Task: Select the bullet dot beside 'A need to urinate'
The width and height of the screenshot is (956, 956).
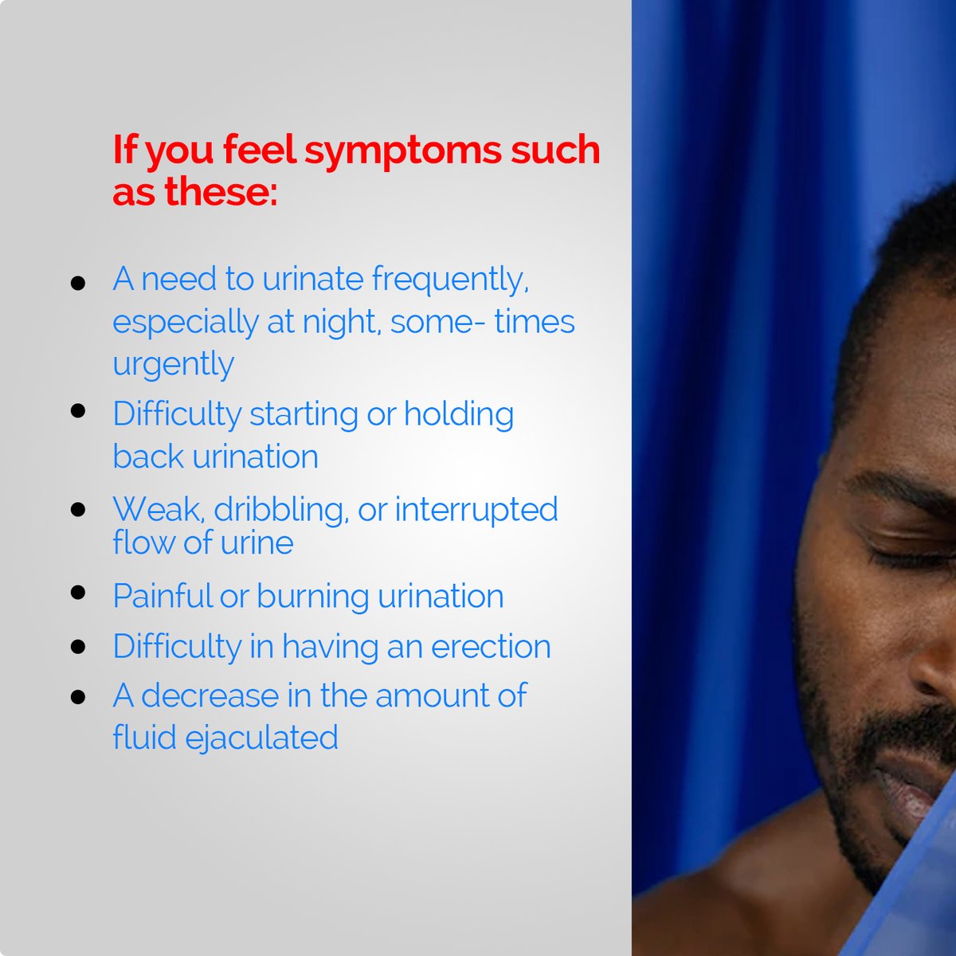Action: coord(78,284)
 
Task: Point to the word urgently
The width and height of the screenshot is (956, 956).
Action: coord(173,365)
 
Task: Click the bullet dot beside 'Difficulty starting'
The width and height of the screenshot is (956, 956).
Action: coord(78,411)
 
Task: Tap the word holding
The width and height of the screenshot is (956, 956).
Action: coord(459,415)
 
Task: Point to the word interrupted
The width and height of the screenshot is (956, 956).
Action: coord(476,511)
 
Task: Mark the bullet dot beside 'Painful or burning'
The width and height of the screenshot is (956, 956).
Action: coord(78,593)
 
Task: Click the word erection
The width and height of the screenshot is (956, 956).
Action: coord(491,646)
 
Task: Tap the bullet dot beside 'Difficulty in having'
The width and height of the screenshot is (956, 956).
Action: coord(78,645)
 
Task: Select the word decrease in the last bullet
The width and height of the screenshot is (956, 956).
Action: coord(213,695)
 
